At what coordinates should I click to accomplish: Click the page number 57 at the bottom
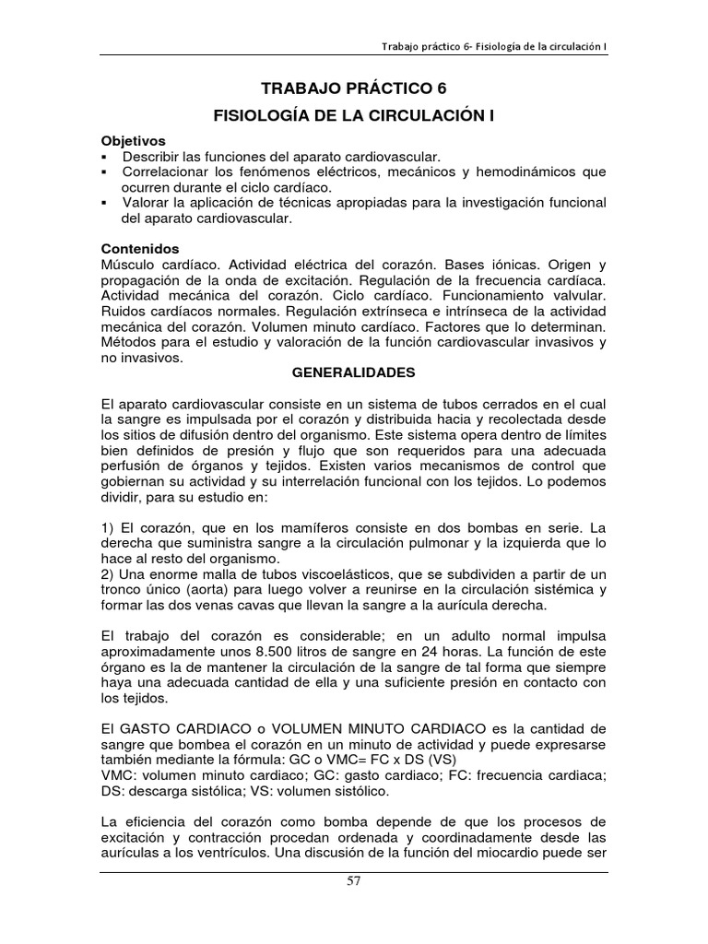pos(354,906)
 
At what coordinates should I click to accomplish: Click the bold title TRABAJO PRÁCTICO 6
pos(353,89)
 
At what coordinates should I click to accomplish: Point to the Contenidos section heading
pos(140,249)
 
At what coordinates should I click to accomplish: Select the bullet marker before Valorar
pos(106,203)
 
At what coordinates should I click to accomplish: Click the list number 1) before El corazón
pos(110,527)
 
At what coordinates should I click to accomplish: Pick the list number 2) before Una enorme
pos(110,573)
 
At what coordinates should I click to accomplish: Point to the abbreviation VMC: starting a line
pos(119,775)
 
